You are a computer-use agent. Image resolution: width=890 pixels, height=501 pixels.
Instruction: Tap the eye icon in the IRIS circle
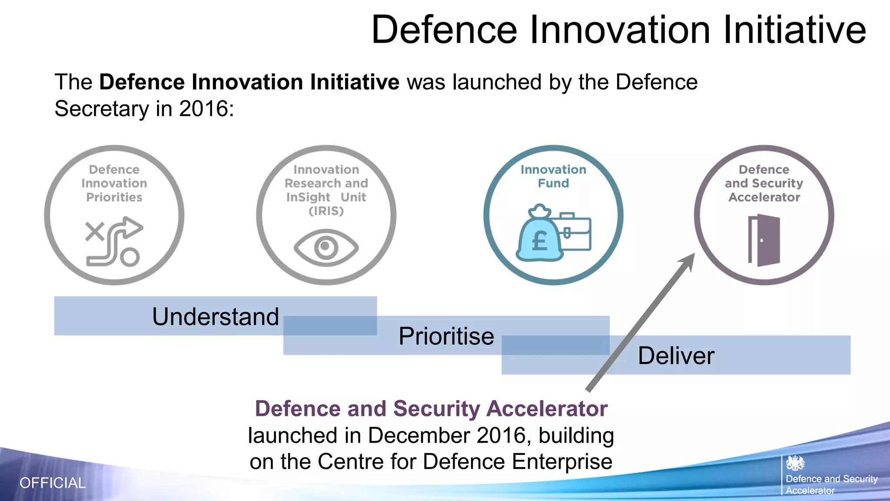[326, 248]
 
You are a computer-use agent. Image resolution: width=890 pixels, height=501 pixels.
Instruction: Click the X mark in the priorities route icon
[95, 231]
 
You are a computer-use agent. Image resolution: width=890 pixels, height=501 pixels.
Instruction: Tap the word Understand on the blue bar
[215, 317]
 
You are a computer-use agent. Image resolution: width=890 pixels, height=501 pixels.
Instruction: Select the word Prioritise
[446, 336]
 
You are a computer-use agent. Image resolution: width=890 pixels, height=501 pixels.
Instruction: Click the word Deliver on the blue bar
[676, 356]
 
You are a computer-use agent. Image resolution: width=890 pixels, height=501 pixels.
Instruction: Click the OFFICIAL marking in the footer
[53, 483]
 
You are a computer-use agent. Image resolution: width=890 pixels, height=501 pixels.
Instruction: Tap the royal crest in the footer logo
[795, 463]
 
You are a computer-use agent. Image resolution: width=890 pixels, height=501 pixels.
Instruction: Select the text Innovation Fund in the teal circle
[553, 176]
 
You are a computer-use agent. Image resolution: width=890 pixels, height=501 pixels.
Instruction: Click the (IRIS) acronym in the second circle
[326, 211]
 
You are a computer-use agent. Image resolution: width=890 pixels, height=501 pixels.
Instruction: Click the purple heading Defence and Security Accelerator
[431, 409]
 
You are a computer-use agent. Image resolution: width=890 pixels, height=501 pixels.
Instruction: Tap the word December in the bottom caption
[420, 435]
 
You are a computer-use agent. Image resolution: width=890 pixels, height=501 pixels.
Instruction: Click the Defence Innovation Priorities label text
[114, 183]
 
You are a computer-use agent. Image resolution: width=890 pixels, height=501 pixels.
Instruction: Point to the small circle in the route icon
[130, 257]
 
